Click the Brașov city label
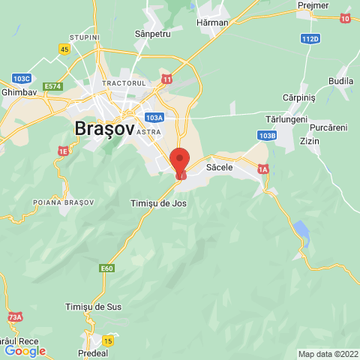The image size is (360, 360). [105, 129]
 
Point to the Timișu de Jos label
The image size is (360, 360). [158, 203]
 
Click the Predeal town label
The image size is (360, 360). [94, 352]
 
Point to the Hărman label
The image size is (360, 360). [212, 23]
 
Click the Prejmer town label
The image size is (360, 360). [313, 5]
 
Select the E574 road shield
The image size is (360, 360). [52, 87]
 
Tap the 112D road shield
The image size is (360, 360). [310, 38]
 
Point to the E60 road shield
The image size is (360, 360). [107, 268]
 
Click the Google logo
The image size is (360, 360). [25, 350]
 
